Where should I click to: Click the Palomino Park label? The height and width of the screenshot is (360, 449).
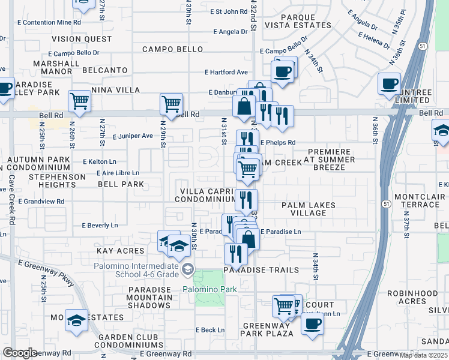pos(209,289)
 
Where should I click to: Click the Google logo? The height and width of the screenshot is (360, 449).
pos(20,352)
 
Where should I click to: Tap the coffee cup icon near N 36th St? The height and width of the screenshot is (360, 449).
pos(389,83)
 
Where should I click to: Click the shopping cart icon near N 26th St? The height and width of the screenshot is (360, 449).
pos(79,101)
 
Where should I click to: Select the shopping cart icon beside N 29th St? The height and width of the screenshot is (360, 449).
pos(171,103)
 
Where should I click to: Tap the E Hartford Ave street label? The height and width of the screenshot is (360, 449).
pos(226,72)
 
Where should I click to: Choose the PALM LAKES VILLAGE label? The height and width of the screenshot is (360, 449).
pos(309,209)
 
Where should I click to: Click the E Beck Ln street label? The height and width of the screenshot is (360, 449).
pos(210,330)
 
